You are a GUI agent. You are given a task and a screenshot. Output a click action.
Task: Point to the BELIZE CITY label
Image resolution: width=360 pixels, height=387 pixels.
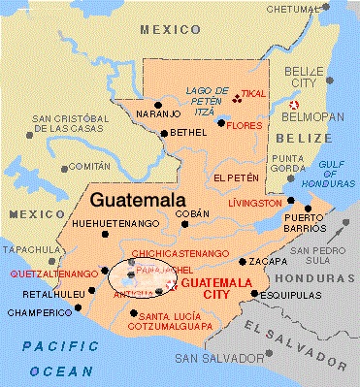point(307,79)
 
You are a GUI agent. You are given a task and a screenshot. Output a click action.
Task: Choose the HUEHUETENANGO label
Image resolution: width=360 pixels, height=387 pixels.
point(114,224)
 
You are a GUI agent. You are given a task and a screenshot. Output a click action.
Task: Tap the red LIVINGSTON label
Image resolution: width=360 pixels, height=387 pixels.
point(253,204)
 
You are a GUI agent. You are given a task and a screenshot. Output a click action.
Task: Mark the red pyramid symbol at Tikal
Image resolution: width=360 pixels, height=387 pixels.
point(237,95)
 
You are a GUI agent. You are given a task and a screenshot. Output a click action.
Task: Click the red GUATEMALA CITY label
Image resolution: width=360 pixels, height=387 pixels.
point(215,287)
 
